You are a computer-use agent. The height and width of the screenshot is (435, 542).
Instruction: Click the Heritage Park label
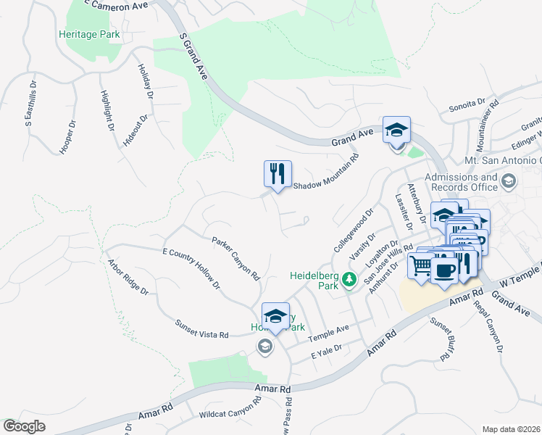coord(90,34)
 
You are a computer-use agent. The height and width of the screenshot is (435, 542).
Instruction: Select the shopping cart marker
coord(420,265)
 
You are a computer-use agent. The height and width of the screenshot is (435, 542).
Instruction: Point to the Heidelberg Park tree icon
coord(349,279)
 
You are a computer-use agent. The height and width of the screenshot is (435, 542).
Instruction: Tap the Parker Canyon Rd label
coord(235,258)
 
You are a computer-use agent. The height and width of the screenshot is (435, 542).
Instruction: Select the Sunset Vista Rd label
coord(202,328)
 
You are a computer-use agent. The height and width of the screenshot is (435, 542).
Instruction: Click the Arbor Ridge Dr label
coord(128,278)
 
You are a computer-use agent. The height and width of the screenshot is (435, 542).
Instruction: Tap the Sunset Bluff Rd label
coord(441,339)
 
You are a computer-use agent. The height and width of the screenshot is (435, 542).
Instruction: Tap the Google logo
coord(25,426)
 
